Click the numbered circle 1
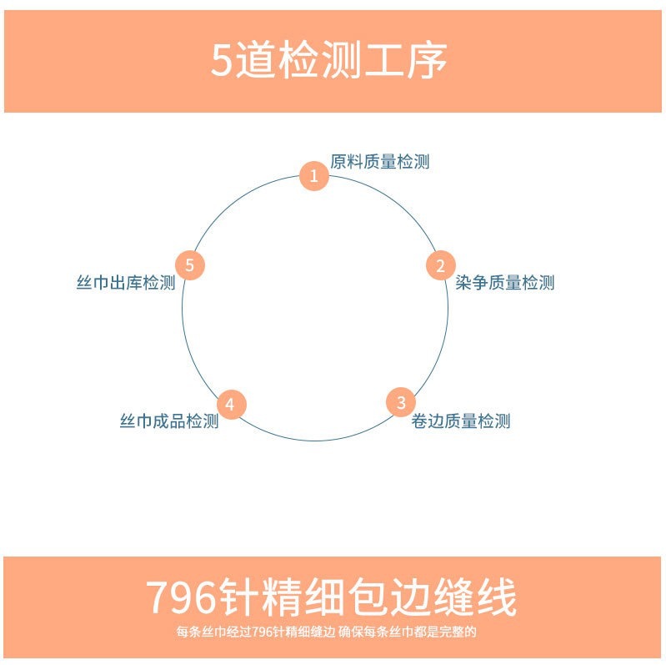click(x=314, y=176)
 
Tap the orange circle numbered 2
click(x=440, y=266)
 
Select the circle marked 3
click(x=401, y=403)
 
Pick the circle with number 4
click(x=231, y=405)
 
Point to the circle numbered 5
click(x=190, y=266)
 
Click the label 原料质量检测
click(x=380, y=162)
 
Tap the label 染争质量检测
click(x=505, y=283)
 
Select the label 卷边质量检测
click(x=461, y=421)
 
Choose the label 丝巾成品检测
click(x=169, y=421)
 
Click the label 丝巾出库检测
click(x=126, y=283)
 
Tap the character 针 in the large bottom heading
click(x=242, y=597)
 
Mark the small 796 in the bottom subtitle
click(x=262, y=632)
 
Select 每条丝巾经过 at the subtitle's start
click(x=213, y=632)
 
